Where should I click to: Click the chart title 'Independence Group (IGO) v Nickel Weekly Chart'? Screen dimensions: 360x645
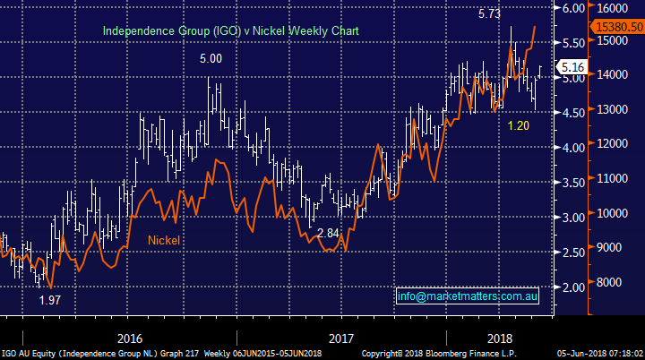pos(230,30)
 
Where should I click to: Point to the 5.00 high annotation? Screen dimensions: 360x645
pos(211,59)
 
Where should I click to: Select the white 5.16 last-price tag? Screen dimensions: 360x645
pos(571,67)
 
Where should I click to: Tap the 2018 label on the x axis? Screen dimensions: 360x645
pos(497,339)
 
